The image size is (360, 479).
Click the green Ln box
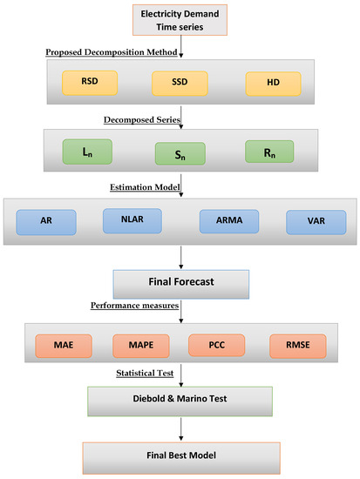coord(86,152)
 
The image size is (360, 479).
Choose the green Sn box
coord(180,155)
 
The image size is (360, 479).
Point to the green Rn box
coord(272,152)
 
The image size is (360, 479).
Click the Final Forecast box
coord(181,283)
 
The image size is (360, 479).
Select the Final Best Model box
coord(181,455)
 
